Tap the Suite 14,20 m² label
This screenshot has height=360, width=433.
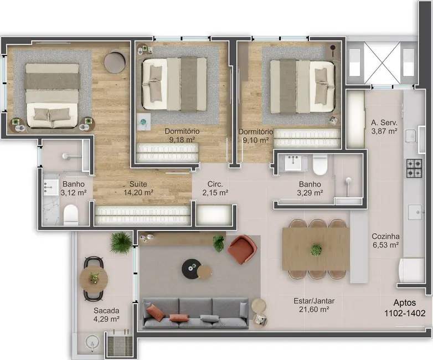[x=138, y=188]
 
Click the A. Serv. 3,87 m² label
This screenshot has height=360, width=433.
[x=384, y=127]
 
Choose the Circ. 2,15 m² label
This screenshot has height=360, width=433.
[x=215, y=188]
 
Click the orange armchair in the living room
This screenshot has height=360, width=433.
[x=240, y=249]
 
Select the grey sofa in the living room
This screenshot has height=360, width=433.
[x=196, y=313]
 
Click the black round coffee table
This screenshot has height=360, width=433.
[x=192, y=268]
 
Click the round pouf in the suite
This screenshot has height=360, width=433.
[x=115, y=61]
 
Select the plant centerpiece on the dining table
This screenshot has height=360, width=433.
[x=316, y=250]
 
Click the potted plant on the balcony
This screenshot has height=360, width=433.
[x=120, y=242]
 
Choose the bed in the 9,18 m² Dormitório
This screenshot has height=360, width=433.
[x=174, y=83]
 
